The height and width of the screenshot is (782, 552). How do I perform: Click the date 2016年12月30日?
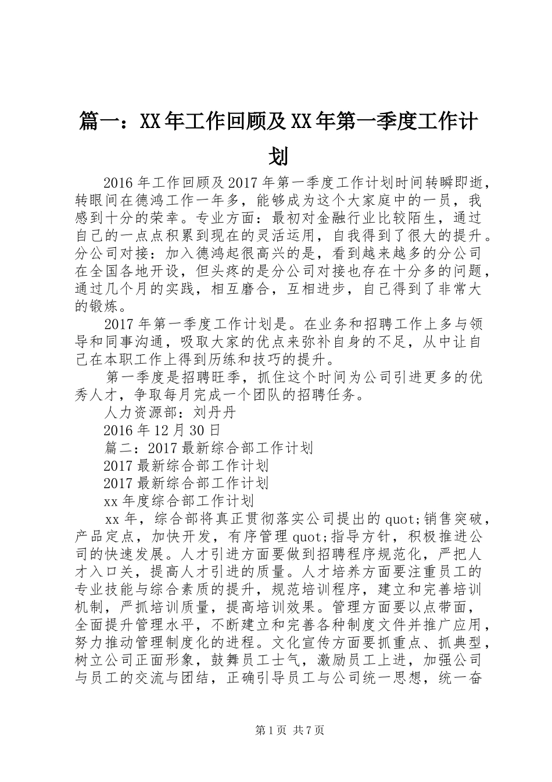pyautogui.click(x=162, y=431)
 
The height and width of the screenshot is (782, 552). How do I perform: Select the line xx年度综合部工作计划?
pyautogui.click(x=179, y=500)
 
